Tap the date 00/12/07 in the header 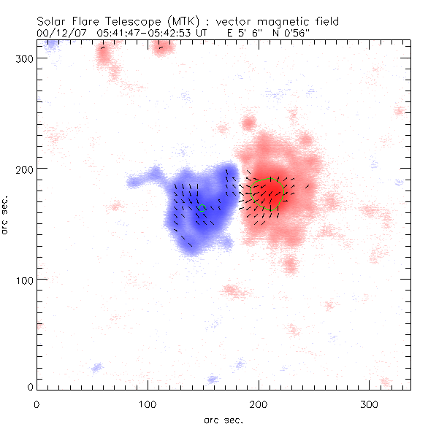(x=58, y=33)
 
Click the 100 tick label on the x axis (x=148, y=404)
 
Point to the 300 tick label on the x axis (x=369, y=404)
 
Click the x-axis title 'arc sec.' (x=223, y=419)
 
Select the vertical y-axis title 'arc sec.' (x=6, y=214)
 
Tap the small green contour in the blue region (x=202, y=209)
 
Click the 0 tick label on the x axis (x=37, y=404)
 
